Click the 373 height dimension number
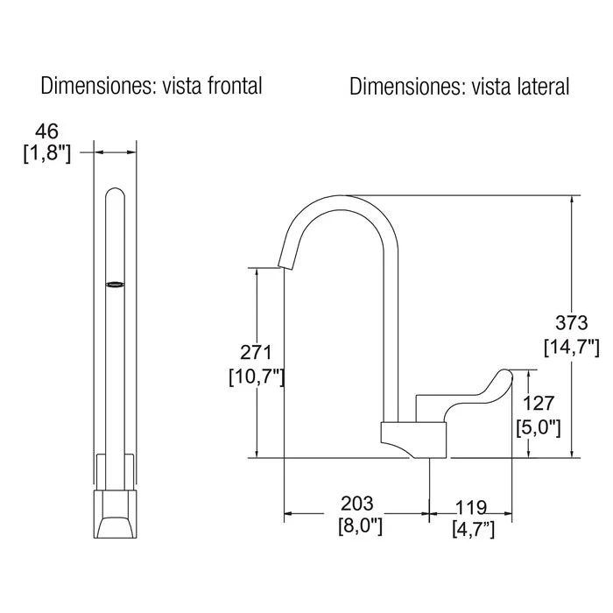572,323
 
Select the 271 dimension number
256,353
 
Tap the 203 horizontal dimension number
357,504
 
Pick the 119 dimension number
471,508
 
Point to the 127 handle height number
539,404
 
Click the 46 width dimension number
47,131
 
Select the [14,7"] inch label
572,347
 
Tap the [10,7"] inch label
257,377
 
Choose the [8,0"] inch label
360,525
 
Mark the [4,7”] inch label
474,529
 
